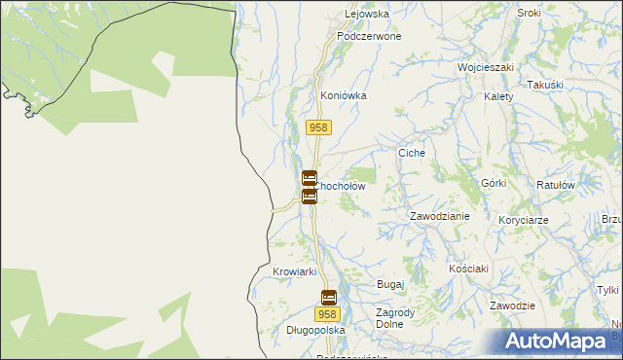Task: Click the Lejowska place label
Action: click(x=367, y=15)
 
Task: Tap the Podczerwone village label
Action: click(x=369, y=36)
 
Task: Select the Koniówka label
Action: click(x=343, y=96)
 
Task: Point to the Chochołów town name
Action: click(x=339, y=186)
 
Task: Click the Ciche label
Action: click(x=413, y=154)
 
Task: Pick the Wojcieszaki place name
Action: click(x=486, y=68)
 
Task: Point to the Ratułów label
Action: click(x=558, y=184)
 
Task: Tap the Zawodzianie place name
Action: click(x=440, y=217)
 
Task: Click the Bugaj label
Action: click(x=390, y=284)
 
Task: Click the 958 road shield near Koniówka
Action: click(x=319, y=127)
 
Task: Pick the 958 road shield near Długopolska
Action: click(x=327, y=314)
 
